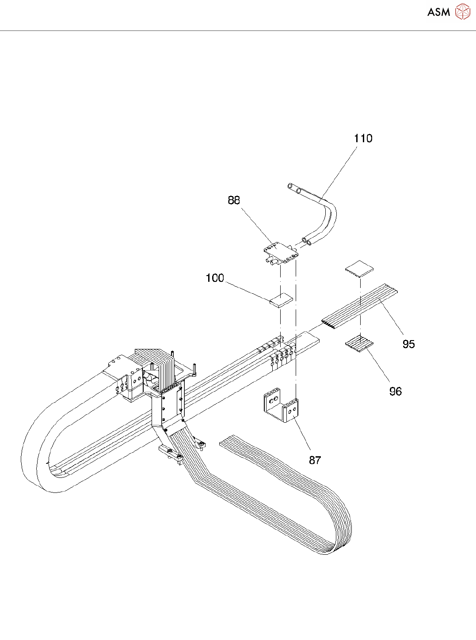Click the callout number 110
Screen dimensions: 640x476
363,139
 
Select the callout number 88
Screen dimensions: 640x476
234,201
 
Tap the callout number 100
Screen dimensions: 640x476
215,278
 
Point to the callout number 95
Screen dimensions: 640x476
409,344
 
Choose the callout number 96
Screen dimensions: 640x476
396,391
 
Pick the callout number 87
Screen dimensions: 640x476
315,460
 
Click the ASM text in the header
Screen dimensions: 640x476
438,12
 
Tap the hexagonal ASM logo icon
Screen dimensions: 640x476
462,12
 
